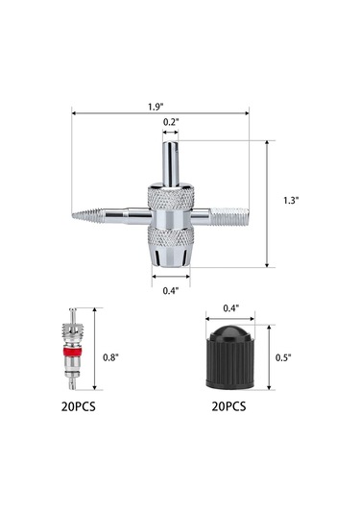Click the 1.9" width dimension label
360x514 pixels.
[155, 107]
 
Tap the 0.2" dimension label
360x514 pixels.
[171, 122]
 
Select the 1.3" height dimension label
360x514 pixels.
[291, 200]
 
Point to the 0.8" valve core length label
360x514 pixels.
[110, 357]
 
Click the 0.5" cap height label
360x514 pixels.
[283, 357]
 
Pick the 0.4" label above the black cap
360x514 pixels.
[231, 308]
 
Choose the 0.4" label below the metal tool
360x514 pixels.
[171, 291]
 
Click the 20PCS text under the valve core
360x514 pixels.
[79, 406]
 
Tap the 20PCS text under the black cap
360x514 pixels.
[228, 406]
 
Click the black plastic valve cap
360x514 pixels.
[230, 357]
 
